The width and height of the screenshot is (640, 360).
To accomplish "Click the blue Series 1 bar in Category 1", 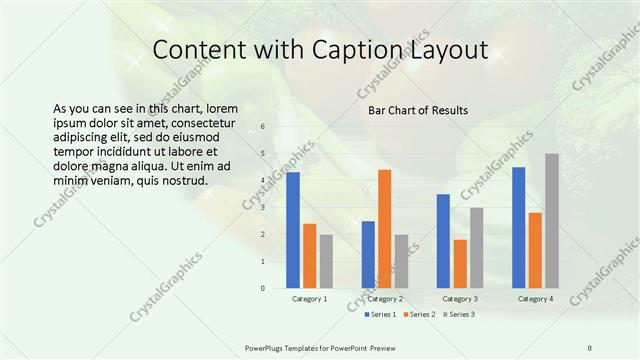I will click(x=293, y=230).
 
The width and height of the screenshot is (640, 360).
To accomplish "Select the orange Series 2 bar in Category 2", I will click(x=384, y=229).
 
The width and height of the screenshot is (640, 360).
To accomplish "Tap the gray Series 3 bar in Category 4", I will click(x=552, y=221).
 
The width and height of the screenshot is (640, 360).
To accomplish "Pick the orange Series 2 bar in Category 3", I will click(x=460, y=264).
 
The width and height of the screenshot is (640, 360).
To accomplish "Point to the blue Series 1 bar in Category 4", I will click(x=518, y=228).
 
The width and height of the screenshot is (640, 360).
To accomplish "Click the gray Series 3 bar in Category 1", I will click(x=326, y=261).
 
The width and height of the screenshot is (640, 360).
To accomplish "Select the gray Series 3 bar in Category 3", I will click(x=477, y=248).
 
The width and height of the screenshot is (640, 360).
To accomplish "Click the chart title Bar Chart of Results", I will click(x=418, y=110).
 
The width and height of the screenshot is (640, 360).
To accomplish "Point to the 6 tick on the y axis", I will click(x=262, y=127).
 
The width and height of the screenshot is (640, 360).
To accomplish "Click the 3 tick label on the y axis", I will click(x=262, y=208).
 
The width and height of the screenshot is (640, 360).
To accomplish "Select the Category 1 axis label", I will click(x=309, y=299).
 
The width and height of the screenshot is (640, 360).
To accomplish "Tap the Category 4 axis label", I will click(x=535, y=299).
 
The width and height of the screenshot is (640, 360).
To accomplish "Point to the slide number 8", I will click(x=590, y=346).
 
